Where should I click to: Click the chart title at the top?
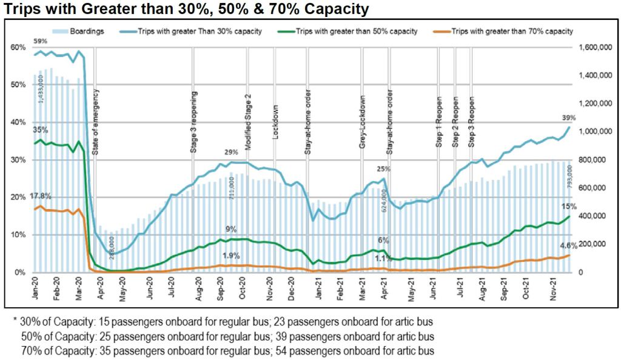(184, 9)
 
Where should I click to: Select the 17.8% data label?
(40, 196)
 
